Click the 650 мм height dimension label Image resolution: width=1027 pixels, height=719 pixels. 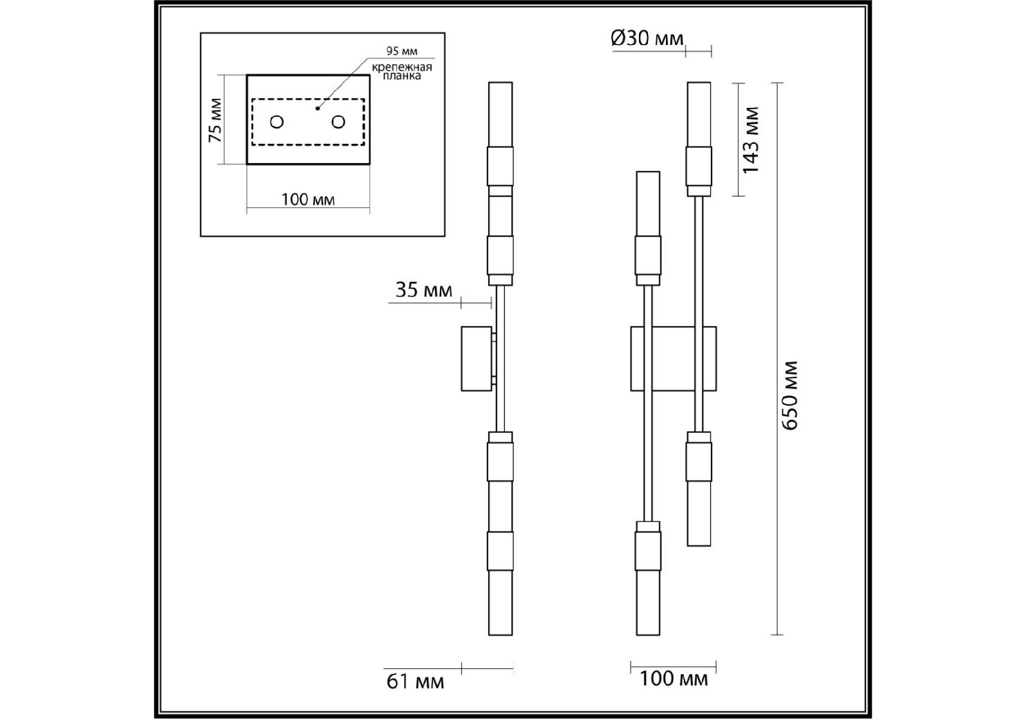[790, 395]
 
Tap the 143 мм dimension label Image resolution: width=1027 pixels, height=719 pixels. [750, 140]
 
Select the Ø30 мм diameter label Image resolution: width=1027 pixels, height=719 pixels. [647, 38]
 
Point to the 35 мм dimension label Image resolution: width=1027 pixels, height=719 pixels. [423, 290]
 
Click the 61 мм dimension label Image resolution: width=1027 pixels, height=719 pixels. [415, 681]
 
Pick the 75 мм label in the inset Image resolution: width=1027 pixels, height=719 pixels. [215, 120]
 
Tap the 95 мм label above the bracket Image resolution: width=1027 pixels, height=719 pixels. [402, 52]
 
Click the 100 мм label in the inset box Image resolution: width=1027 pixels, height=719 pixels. [308, 199]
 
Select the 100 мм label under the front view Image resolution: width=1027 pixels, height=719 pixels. [673, 679]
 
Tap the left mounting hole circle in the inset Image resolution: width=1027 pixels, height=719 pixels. [277, 122]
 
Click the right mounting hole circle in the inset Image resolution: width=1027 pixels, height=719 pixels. [338, 122]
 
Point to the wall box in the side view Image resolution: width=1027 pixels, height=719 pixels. [477, 358]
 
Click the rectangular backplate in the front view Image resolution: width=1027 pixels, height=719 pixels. [673, 358]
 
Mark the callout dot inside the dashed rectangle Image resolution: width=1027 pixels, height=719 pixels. [318, 108]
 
